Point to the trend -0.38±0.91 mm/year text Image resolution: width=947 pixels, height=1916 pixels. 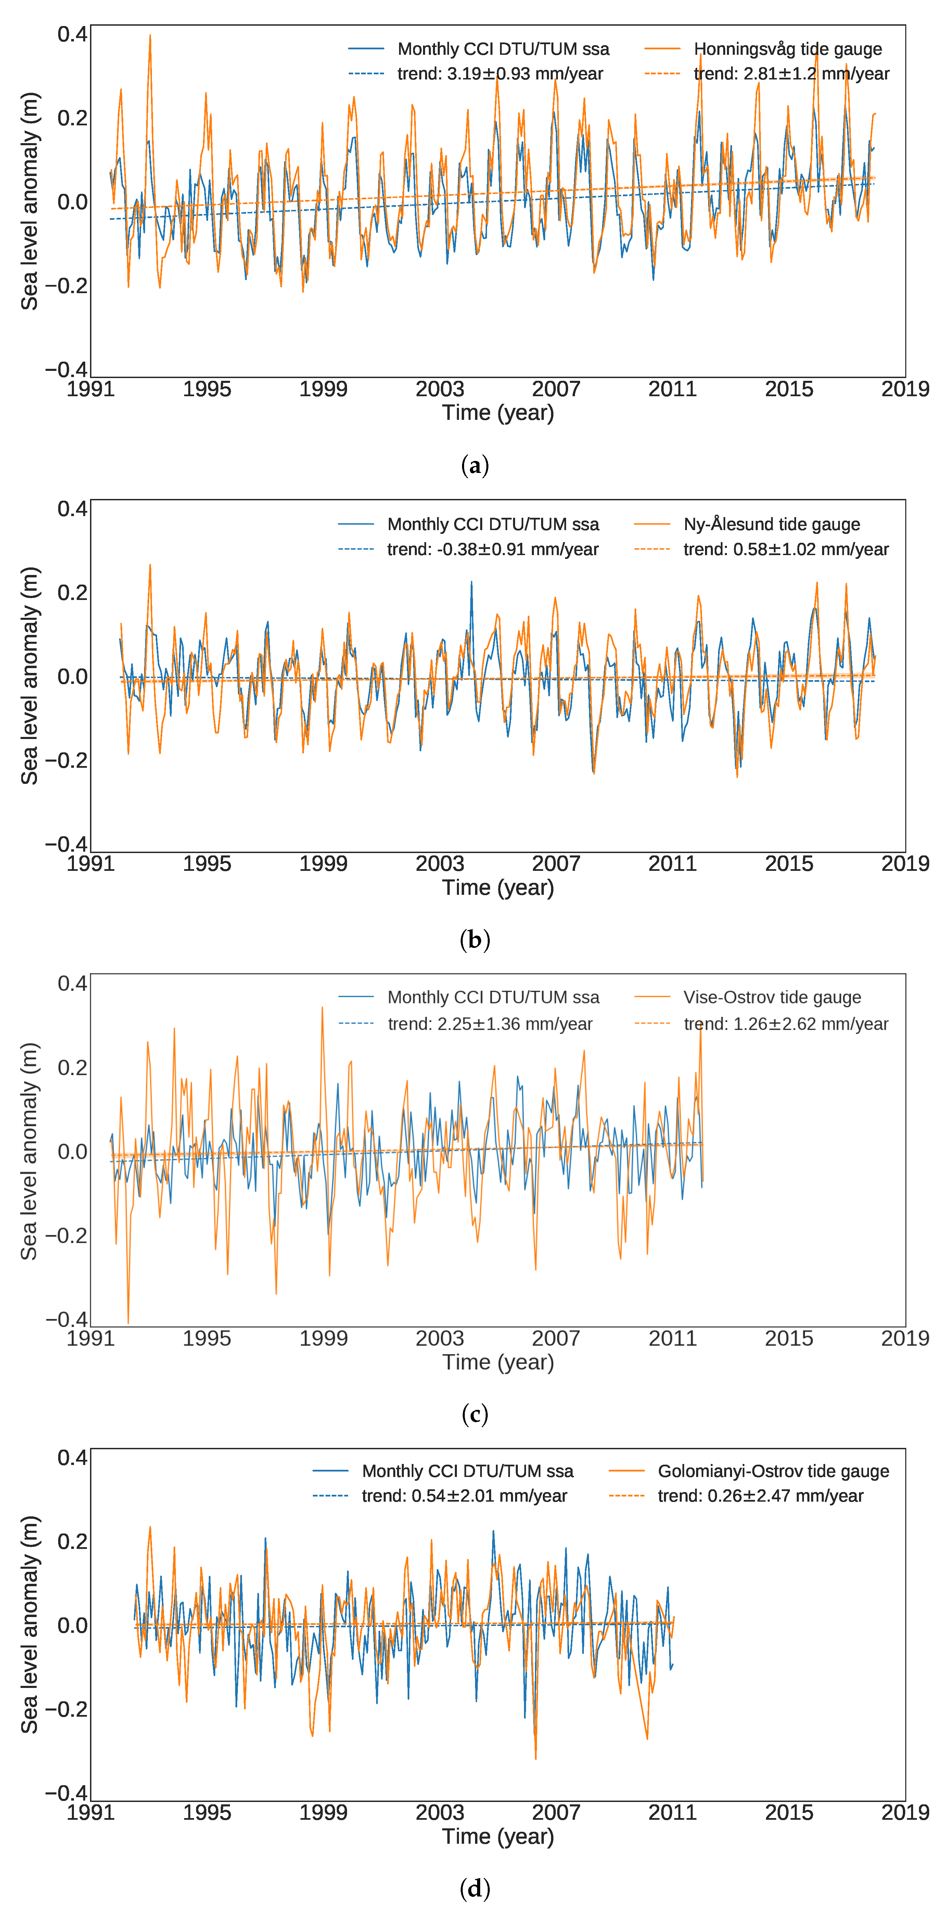[x=492, y=550]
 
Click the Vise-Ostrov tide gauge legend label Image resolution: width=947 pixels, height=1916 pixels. [x=771, y=998]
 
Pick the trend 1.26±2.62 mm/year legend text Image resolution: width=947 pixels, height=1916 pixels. [x=786, y=1024]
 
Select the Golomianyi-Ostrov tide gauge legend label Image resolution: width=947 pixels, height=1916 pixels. [x=773, y=1471]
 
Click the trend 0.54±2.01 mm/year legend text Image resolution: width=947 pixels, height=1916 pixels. [x=464, y=1496]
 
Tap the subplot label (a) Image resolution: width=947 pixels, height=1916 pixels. [x=474, y=466]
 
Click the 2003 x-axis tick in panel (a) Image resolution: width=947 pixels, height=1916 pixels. [x=439, y=389]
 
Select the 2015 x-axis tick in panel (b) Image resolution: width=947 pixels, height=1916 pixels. [x=789, y=864]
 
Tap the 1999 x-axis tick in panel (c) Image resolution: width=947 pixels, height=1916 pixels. [x=323, y=1338]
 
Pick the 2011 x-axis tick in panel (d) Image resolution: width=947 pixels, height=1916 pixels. [x=672, y=1813]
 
